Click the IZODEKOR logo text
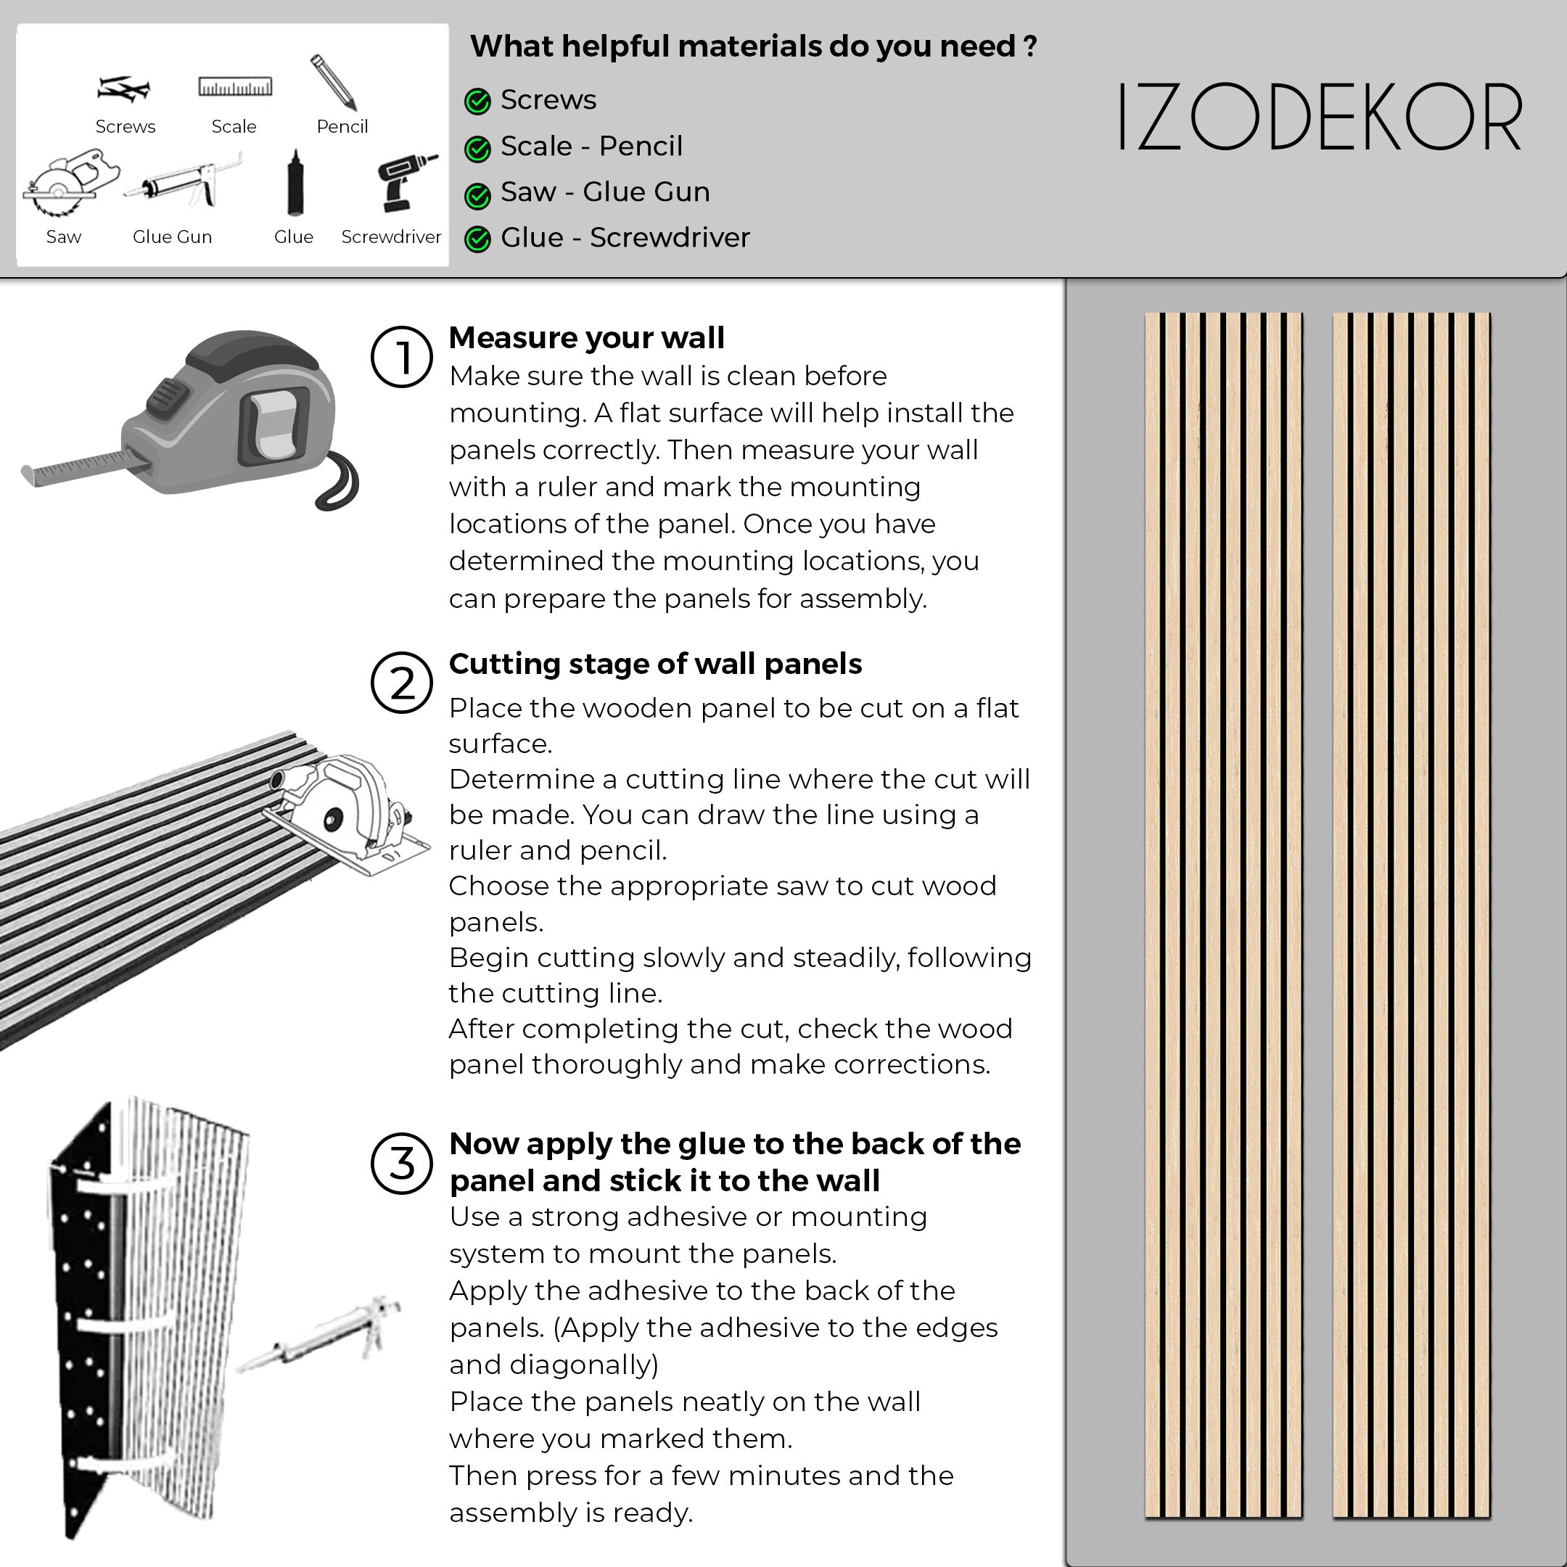pos(1319,118)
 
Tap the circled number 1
pos(401,357)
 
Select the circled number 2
pos(401,682)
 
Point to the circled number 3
pos(401,1163)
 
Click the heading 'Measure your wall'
pos(586,337)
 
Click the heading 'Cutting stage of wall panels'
pos(654,664)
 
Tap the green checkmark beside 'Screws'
pos(478,102)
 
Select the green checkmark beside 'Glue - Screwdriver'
pos(478,239)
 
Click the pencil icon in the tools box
pos(334,83)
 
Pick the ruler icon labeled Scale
pos(235,87)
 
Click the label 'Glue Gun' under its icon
pos(172,237)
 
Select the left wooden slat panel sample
pos(1223,914)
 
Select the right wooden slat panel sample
pos(1411,914)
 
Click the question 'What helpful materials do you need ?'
pos(753,46)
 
